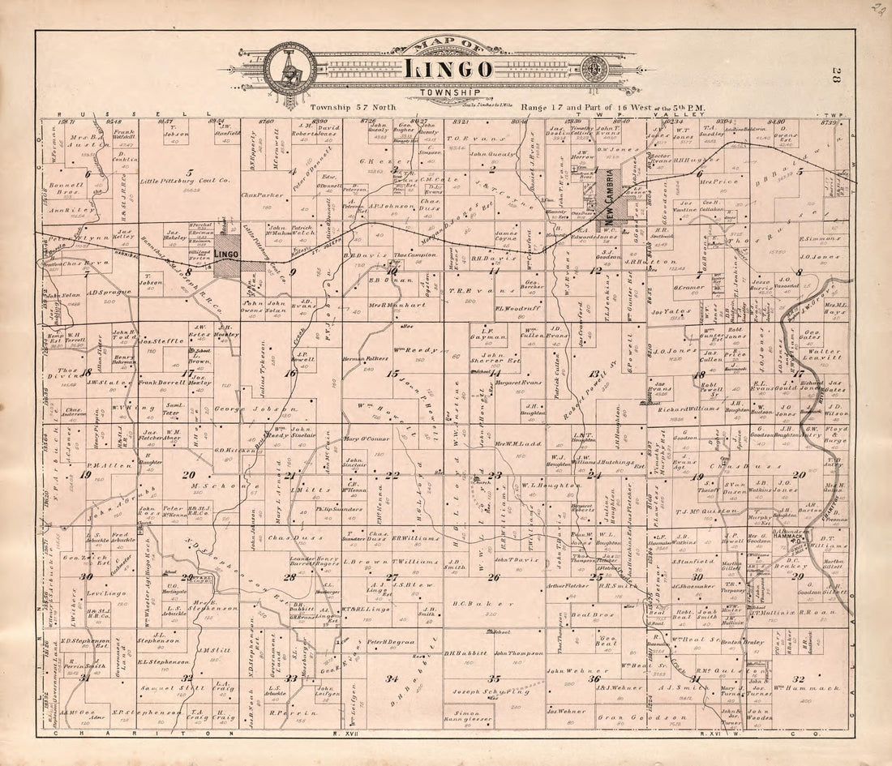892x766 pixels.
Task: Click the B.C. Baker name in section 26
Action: click(473, 603)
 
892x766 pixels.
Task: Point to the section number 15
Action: click(392, 374)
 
